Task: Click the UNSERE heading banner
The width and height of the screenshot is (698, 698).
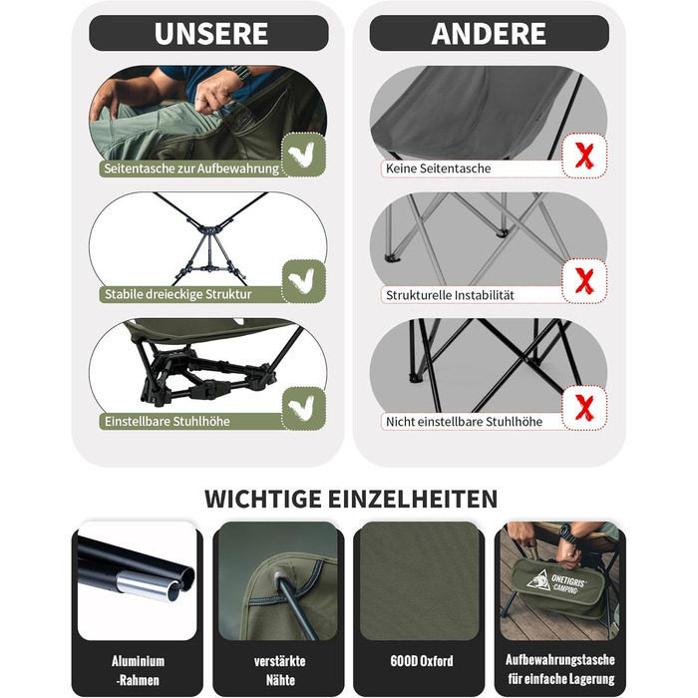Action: (x=208, y=33)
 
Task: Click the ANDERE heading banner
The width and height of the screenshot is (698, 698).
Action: (x=490, y=33)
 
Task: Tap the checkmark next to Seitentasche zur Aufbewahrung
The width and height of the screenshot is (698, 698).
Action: (x=303, y=155)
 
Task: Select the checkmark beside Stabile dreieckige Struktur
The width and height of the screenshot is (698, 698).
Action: (x=303, y=281)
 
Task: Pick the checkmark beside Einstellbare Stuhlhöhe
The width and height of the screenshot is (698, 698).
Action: (x=303, y=408)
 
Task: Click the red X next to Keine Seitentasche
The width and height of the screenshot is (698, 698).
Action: (x=584, y=156)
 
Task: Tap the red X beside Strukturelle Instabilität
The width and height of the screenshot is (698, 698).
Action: (x=584, y=281)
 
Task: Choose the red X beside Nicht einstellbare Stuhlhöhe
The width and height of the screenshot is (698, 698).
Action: (x=584, y=408)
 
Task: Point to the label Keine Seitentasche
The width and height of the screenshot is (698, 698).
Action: (x=438, y=169)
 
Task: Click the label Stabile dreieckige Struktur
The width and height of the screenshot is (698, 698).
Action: (x=178, y=294)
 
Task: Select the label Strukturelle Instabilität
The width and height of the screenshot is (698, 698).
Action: (x=450, y=295)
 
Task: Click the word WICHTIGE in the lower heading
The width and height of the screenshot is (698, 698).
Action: (x=263, y=499)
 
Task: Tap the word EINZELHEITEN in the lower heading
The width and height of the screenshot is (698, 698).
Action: (x=413, y=499)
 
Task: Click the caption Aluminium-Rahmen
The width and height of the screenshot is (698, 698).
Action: (x=138, y=670)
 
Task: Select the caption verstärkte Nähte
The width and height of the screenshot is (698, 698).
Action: (x=279, y=670)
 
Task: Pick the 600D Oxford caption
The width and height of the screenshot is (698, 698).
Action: (x=422, y=661)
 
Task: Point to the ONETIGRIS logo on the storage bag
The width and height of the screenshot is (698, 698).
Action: (x=556, y=580)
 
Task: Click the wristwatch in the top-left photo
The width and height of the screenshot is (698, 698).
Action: (x=241, y=72)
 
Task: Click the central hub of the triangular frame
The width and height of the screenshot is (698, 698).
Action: (x=209, y=229)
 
